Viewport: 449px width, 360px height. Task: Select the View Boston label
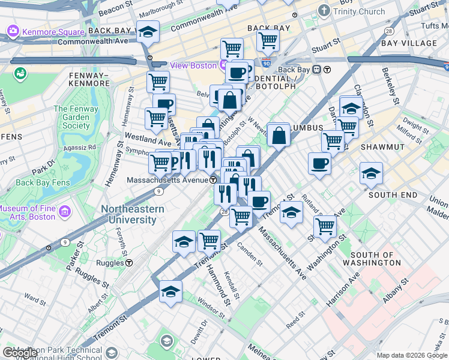[193, 65]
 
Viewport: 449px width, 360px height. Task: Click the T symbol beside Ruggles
[129, 263]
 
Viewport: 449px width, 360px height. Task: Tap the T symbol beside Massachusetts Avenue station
[213, 180]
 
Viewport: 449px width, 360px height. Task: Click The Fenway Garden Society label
[71, 118]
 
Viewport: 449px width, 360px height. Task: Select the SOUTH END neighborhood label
[392, 195]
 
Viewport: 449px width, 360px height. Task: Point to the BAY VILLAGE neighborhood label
[414, 44]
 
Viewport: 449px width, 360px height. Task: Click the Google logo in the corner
[20, 353]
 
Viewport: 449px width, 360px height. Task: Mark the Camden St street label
[250, 254]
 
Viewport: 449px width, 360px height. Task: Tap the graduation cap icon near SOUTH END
[371, 173]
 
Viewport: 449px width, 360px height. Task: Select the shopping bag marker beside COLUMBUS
[279, 135]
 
